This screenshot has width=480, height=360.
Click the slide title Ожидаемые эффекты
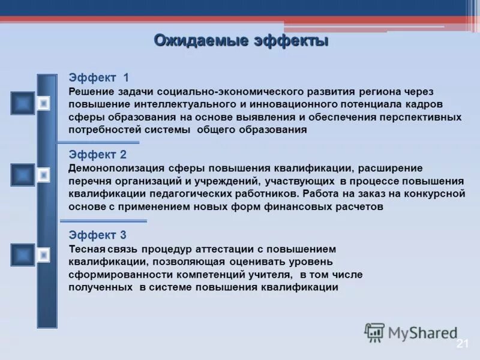(241, 41)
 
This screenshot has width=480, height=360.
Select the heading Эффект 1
(99, 77)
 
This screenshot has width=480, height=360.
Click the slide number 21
(462, 343)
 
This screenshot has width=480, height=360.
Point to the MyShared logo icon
(375, 332)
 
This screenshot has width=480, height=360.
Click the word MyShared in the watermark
(423, 333)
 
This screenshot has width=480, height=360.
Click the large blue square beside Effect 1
(23, 103)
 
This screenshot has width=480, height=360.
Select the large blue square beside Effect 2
(23, 175)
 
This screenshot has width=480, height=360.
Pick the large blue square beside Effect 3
(23, 255)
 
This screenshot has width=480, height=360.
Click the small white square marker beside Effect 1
(43, 104)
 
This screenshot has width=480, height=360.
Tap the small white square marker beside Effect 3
(43, 256)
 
